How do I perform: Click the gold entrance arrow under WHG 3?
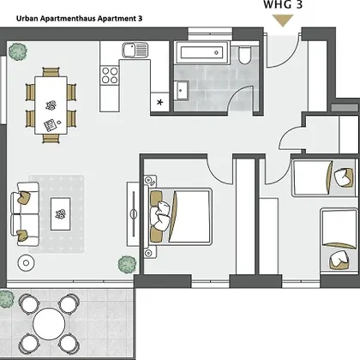[x=283, y=20]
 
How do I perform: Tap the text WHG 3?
[x=283, y=4]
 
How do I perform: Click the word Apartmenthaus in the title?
[x=68, y=19]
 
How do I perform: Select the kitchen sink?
[x=135, y=50]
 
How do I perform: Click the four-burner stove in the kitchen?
[x=110, y=75]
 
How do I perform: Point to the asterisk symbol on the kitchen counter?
[x=160, y=102]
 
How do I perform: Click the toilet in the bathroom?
[x=244, y=54]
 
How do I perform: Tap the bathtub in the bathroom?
[x=202, y=52]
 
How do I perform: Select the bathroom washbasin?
[x=181, y=90]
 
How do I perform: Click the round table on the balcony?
[x=49, y=324]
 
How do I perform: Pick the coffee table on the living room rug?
[x=60, y=214]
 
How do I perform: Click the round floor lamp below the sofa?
[x=27, y=263]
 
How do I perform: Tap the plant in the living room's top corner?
[x=18, y=51]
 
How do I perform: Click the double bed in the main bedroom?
[x=180, y=216]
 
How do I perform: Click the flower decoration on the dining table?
[x=51, y=105]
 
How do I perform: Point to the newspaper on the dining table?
[x=51, y=125]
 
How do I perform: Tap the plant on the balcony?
[x=6, y=298]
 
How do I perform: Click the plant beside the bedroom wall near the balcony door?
[x=127, y=264]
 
